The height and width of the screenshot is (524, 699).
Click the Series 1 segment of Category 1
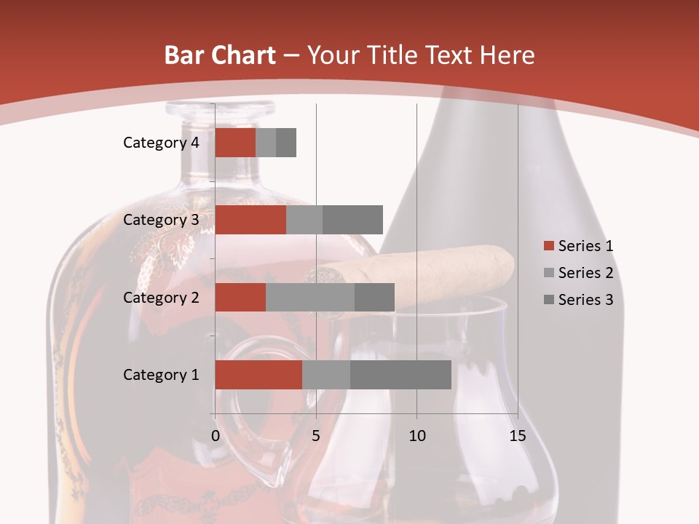pyautogui.click(x=258, y=375)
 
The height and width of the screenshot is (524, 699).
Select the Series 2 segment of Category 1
pyautogui.click(x=326, y=375)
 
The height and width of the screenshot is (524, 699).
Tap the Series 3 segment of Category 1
pyautogui.click(x=400, y=375)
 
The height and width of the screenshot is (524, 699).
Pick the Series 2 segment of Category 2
pyautogui.click(x=310, y=297)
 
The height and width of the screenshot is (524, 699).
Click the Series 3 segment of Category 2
pyautogui.click(x=374, y=297)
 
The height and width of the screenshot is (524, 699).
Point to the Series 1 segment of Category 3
pyautogui.click(x=250, y=220)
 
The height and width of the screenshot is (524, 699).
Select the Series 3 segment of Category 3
pyautogui.click(x=352, y=220)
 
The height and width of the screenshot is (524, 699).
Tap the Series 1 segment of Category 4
pyautogui.click(x=235, y=143)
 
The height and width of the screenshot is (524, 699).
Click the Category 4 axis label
pyautogui.click(x=161, y=143)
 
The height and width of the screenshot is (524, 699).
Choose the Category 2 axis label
pyautogui.click(x=161, y=297)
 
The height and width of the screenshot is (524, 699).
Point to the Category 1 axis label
pyautogui.click(x=161, y=375)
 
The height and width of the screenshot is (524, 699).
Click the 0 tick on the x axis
pyautogui.click(x=216, y=436)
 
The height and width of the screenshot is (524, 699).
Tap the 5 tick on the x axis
pyautogui.click(x=316, y=436)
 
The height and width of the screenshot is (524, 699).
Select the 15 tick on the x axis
pyautogui.click(x=518, y=436)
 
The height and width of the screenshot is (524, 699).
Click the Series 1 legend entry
pyautogui.click(x=585, y=246)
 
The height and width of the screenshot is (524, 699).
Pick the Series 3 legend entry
pyautogui.click(x=585, y=300)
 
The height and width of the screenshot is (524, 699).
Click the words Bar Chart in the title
pyautogui.click(x=220, y=55)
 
